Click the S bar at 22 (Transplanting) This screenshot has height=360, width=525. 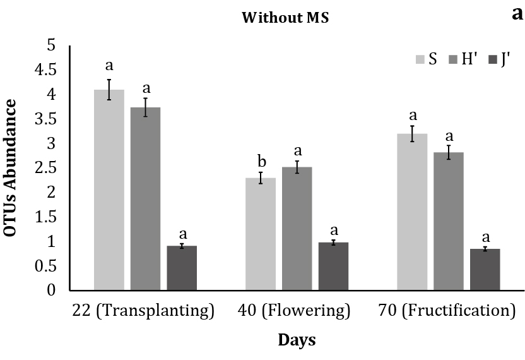coord(109,189)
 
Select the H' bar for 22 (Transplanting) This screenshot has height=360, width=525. coord(146,198)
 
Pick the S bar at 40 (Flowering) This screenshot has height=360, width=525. coord(261,234)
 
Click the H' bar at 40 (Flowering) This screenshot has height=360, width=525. coord(297,228)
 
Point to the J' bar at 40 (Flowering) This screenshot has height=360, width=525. coord(333,266)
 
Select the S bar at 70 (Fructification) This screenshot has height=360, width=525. coord(413,212)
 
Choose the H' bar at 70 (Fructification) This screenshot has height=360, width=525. coord(449,221)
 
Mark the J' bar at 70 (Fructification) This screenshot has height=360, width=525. coord(485,269)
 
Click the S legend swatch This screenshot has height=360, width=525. coord(420,59)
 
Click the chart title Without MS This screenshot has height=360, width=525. coord(285,18)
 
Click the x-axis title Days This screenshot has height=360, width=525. coord(297,340)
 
